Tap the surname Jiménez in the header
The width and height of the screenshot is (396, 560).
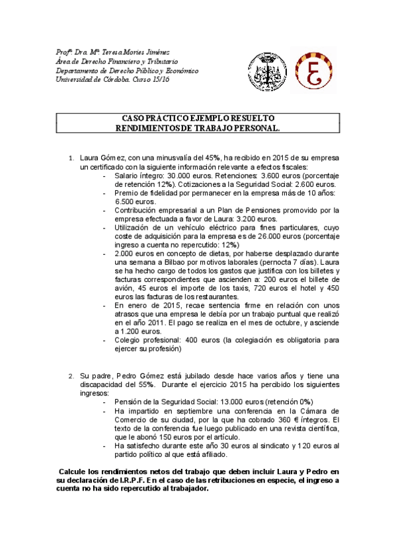pos(155,53)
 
